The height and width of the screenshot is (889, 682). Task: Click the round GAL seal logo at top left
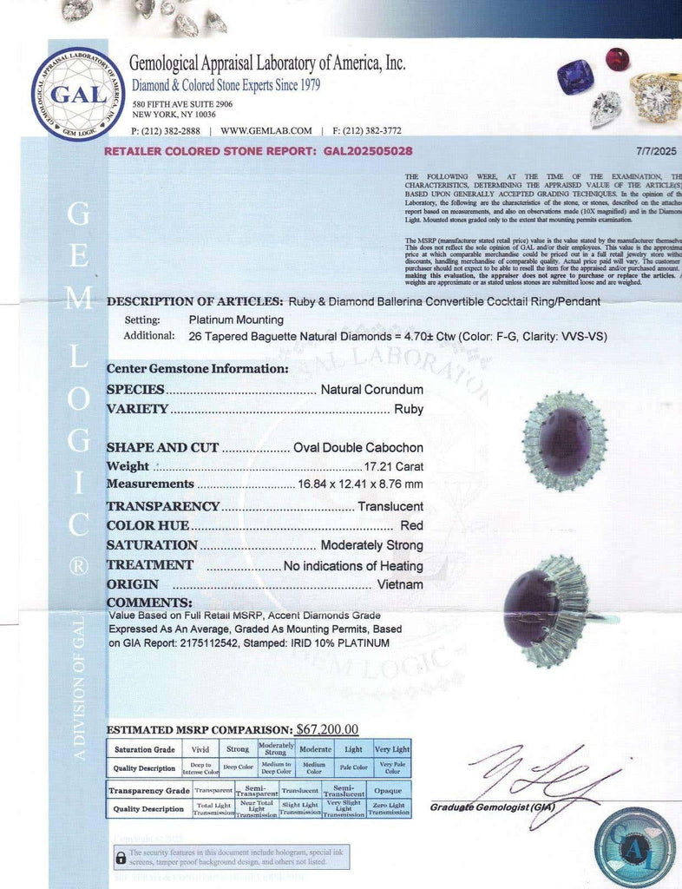pyautogui.click(x=77, y=93)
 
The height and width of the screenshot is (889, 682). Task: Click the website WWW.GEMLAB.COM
pyautogui.click(x=266, y=131)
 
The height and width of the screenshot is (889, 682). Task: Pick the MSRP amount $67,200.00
pyautogui.click(x=327, y=729)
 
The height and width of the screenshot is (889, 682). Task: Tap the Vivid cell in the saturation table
pyautogui.click(x=200, y=749)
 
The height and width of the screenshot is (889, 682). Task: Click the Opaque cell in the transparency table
pyautogui.click(x=387, y=791)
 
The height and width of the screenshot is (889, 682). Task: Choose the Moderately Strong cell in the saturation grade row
pyautogui.click(x=276, y=749)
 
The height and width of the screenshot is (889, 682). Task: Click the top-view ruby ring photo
pyautogui.click(x=564, y=441)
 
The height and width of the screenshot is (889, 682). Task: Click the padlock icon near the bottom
pyautogui.click(x=121, y=858)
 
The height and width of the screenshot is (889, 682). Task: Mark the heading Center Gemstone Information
pyautogui.click(x=197, y=368)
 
